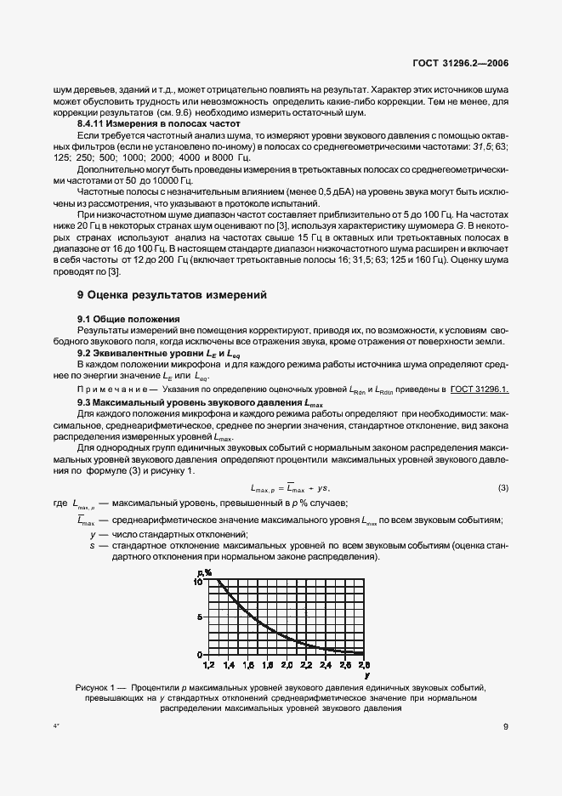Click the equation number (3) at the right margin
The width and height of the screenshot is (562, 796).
point(502,487)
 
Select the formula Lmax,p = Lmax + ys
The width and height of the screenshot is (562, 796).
point(289,487)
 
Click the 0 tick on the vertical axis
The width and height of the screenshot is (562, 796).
point(201,654)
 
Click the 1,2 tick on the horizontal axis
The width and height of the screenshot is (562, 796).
point(208,663)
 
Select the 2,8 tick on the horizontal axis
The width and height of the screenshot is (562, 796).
point(364,663)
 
